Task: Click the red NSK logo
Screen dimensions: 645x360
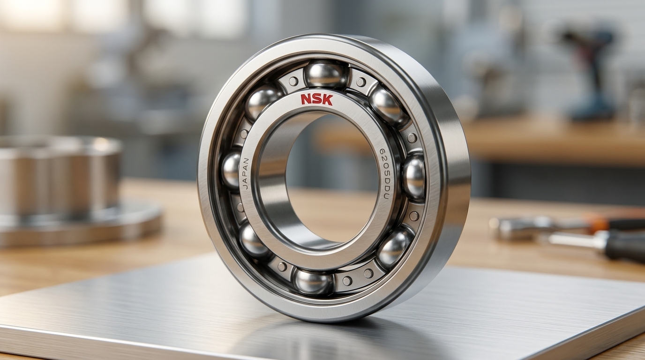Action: point(317,100)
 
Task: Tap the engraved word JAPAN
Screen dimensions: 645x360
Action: point(246,173)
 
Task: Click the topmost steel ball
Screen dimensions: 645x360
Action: point(327,75)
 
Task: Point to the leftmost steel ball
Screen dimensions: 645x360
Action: point(232,170)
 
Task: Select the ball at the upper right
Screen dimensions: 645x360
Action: point(385,104)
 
